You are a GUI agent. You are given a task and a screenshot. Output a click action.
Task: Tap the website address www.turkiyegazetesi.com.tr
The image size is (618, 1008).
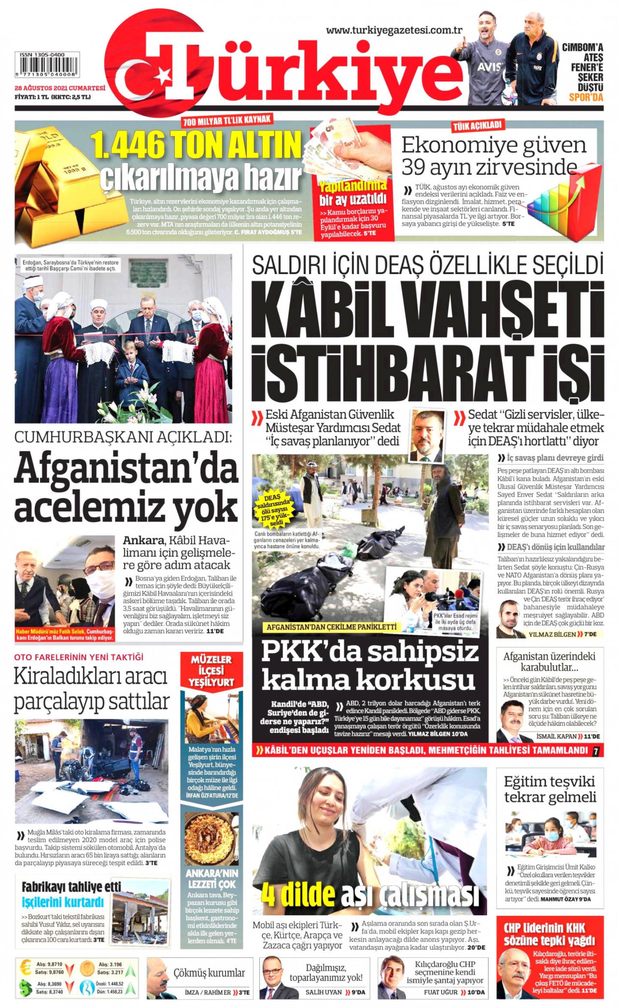(394, 30)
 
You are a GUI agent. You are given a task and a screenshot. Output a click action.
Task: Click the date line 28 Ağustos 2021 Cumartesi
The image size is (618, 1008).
(60, 88)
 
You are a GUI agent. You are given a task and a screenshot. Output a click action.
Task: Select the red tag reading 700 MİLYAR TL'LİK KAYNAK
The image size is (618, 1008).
(227, 121)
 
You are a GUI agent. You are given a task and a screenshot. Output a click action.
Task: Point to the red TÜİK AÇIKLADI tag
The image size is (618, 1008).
(477, 126)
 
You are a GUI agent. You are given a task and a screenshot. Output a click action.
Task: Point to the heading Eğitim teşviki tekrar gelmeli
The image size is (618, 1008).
(550, 789)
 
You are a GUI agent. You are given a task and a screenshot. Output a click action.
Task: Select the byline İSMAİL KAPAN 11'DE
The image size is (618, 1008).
(567, 736)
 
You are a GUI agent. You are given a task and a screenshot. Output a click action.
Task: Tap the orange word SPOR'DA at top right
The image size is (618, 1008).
(585, 97)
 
